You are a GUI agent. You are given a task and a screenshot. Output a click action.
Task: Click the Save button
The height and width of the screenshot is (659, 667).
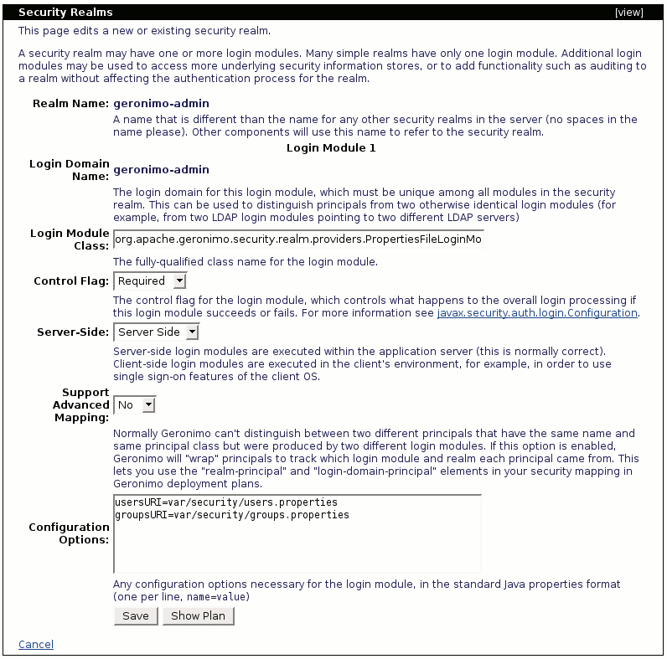click(135, 616)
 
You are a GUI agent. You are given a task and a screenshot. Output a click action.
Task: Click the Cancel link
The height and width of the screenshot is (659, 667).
click(36, 644)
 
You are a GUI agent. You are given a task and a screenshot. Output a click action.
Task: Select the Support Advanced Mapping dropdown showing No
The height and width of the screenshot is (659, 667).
click(135, 405)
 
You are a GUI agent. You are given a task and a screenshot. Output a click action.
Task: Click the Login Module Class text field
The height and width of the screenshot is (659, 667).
click(298, 240)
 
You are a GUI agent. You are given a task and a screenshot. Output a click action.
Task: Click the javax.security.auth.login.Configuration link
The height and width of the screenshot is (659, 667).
click(537, 313)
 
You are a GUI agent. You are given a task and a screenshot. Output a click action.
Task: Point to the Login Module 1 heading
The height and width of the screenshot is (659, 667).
click(331, 148)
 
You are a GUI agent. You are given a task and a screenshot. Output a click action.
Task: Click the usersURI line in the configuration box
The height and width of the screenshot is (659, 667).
click(225, 502)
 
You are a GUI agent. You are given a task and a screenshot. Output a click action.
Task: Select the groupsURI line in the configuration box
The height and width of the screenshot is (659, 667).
click(231, 515)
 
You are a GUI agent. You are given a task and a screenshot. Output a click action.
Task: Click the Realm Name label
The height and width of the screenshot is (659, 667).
click(71, 104)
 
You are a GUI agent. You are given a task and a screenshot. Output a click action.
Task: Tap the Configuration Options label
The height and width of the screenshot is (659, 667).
click(69, 533)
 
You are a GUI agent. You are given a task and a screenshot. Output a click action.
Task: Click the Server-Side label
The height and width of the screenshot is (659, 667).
click(73, 332)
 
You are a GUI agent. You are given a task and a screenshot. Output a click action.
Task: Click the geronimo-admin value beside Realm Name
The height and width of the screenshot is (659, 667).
click(161, 104)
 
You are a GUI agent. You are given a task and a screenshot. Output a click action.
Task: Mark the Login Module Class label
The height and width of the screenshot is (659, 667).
click(70, 239)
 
